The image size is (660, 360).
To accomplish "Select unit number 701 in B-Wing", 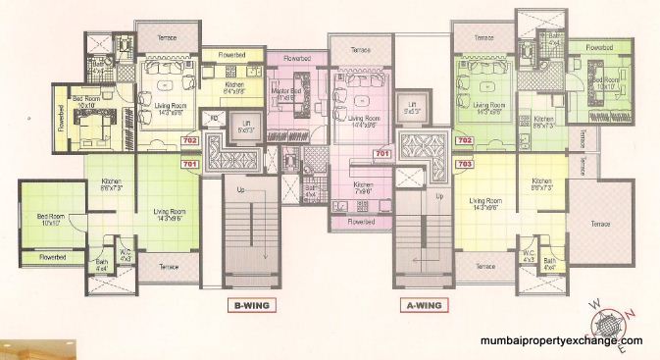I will tap(190, 164).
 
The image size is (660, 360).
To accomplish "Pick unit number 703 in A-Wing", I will tap(465, 164).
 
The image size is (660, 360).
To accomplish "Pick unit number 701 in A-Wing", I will tap(382, 153).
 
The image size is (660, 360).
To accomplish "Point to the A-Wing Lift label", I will tap(412, 109).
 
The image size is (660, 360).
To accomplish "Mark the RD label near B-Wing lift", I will tap(213, 119).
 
